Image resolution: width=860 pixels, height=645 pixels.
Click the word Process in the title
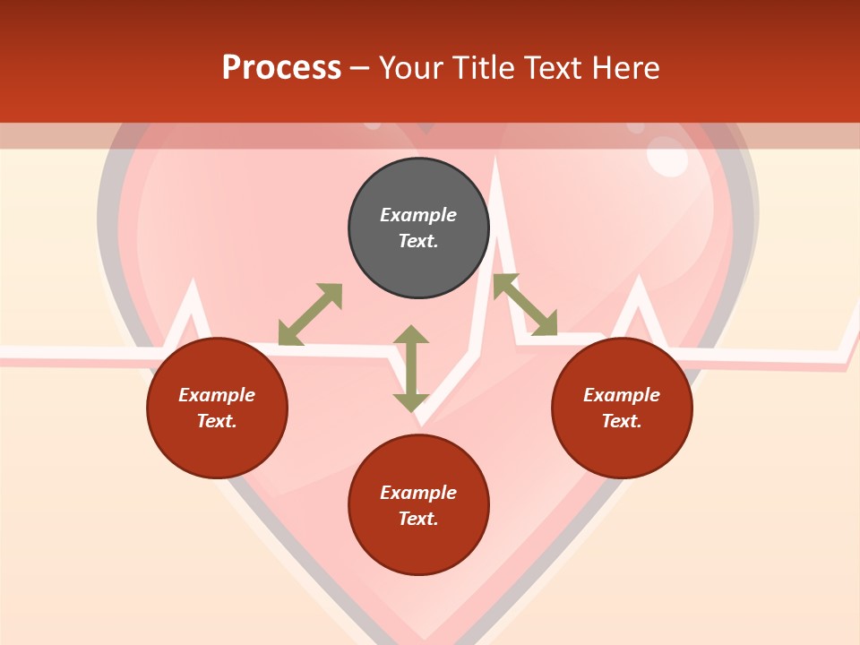(x=281, y=68)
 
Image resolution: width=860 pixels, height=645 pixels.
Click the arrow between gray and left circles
(x=311, y=314)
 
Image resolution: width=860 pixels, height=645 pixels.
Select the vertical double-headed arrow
(x=411, y=368)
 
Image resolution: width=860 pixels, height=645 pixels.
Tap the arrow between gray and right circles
(x=525, y=305)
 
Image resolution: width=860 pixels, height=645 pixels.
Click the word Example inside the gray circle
(x=418, y=215)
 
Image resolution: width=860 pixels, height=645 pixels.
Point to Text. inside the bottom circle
(x=418, y=519)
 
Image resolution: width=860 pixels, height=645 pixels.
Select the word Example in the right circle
(x=622, y=395)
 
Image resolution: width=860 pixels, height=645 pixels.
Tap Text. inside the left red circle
(x=217, y=421)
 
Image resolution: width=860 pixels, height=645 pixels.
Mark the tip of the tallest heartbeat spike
(x=494, y=159)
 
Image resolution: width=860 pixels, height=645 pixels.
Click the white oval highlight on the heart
(x=667, y=157)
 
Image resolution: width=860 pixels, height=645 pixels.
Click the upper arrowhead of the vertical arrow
(x=411, y=333)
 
